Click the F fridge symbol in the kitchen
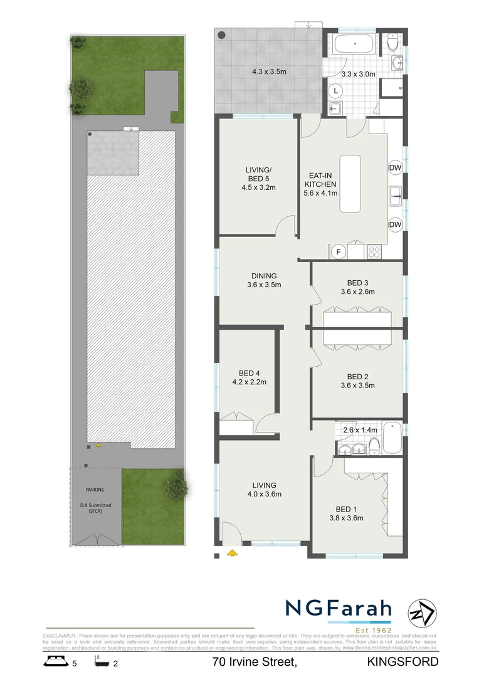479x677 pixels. pyautogui.click(x=339, y=252)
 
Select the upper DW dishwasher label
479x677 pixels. pyautogui.click(x=395, y=167)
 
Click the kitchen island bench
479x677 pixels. pyautogui.click(x=350, y=184)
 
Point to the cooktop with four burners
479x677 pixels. pyautogui.click(x=374, y=251)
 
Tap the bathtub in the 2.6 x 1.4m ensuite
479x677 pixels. pyautogui.click(x=391, y=438)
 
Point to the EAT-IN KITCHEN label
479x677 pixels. pyautogui.click(x=320, y=180)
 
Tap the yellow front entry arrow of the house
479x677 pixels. pyautogui.click(x=231, y=552)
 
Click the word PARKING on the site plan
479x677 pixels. pyautogui.click(x=95, y=490)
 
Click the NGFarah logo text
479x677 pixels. pyautogui.click(x=339, y=609)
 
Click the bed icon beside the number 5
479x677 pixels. pyautogui.click(x=54, y=661)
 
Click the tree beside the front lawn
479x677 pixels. pyautogui.click(x=176, y=483)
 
